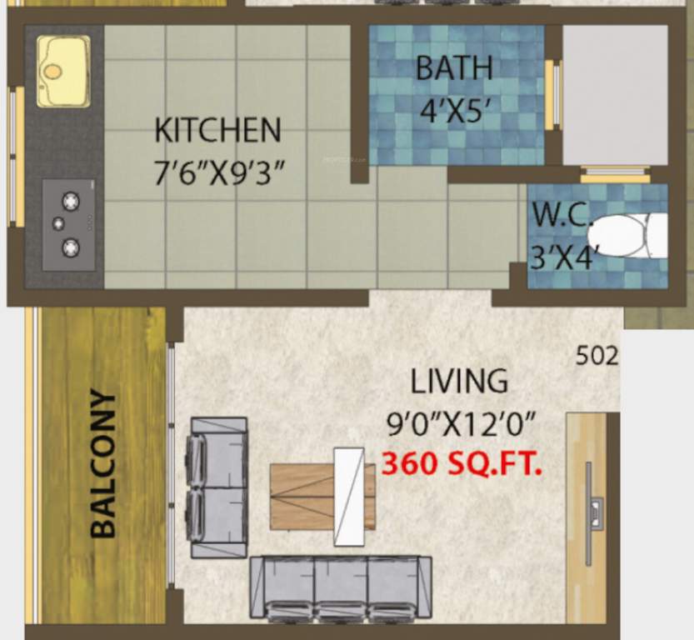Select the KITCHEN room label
218,131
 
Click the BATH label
455,68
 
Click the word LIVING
459,381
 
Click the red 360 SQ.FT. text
462,464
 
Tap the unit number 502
597,357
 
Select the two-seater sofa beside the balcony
219,487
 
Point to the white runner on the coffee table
349,497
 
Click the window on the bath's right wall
551,96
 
